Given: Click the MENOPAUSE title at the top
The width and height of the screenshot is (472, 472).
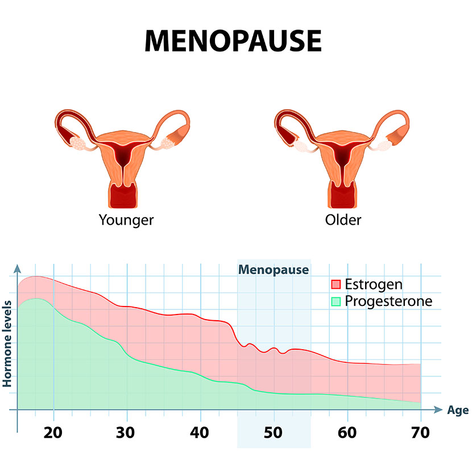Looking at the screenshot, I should coord(233,41).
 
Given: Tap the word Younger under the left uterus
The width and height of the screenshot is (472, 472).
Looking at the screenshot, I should coord(126,220).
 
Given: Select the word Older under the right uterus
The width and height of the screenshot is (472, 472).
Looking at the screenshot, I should coord(343,220).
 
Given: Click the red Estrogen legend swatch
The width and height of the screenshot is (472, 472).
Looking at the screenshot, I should coord(336,284).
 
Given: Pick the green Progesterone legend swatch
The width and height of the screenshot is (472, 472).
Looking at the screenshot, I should coord(336,301).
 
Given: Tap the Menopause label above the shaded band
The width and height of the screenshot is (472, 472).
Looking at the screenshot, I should coord(274,270).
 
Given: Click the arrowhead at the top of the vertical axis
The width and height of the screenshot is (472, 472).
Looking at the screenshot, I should coord(18,268).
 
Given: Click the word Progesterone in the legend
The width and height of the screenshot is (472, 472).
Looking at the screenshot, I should coord(388,301).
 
